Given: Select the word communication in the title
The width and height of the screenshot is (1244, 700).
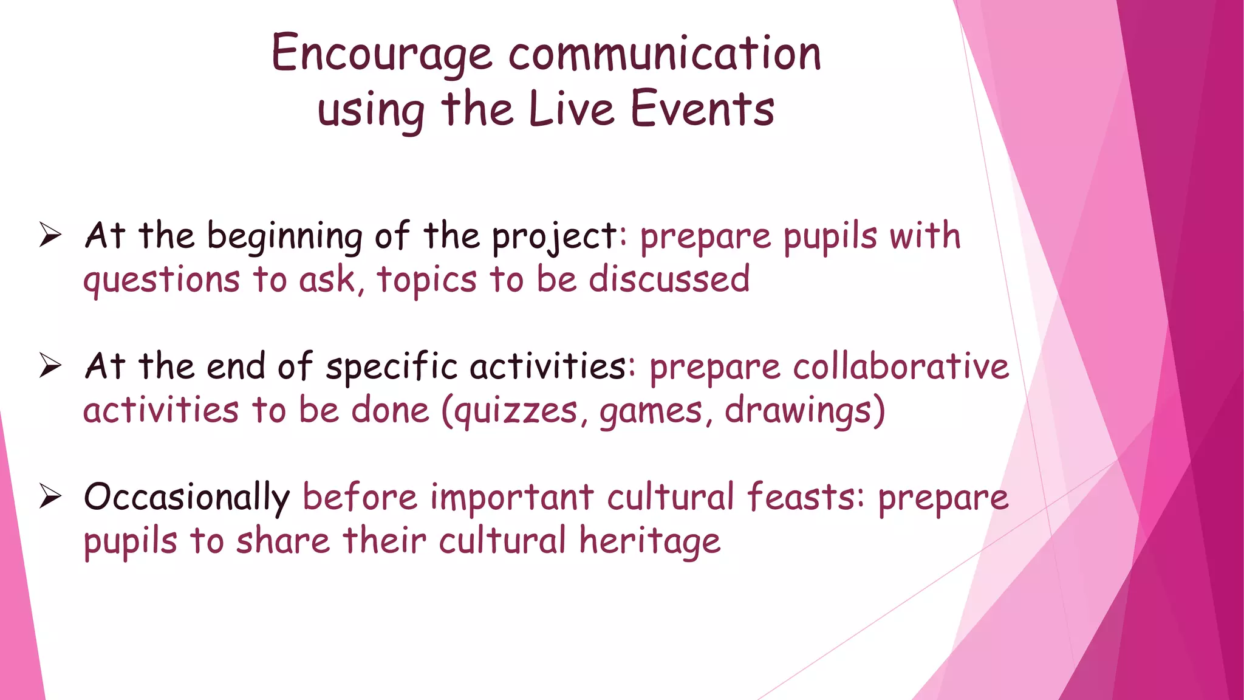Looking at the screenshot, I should click(665, 53).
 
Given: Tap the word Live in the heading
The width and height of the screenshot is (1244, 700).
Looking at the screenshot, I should click(571, 109).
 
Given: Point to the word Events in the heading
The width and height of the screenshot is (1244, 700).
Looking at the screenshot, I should click(702, 109).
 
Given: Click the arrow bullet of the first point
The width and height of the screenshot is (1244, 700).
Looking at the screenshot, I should click(50, 235).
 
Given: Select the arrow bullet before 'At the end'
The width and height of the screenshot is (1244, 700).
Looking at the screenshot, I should click(50, 366).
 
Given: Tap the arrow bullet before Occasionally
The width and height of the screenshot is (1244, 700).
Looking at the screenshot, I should click(50, 496).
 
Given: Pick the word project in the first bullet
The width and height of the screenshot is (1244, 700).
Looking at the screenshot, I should click(554, 237).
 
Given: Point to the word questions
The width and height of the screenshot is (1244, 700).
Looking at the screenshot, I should click(162, 281).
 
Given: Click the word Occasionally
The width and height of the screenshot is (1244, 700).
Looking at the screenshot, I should click(186, 498).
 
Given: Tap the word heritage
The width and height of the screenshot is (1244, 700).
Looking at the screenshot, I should click(649, 541).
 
